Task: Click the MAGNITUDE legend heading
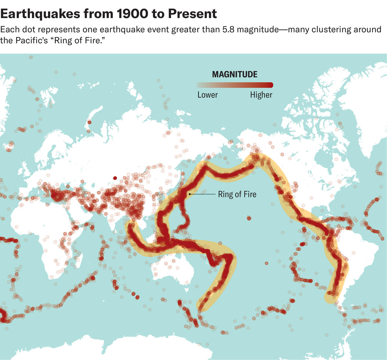[x=235, y=75]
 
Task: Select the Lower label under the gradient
[x=207, y=95]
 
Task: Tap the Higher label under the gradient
[x=261, y=95]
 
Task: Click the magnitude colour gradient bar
[x=235, y=85]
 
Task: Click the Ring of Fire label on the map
[x=237, y=194]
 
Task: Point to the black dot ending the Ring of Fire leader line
[x=190, y=194]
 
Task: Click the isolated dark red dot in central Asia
[x=115, y=178]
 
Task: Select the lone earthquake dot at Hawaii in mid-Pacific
[x=249, y=219]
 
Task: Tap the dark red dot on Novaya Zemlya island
[x=89, y=122]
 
